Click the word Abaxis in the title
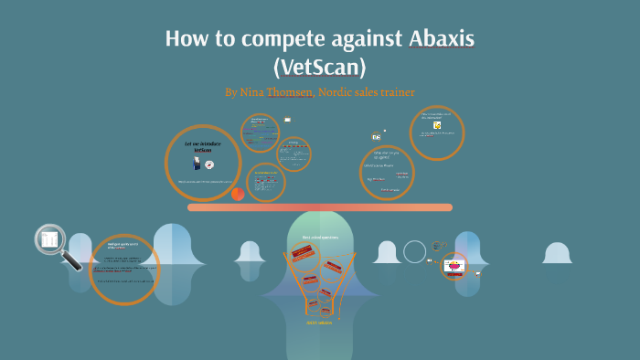point(434,40)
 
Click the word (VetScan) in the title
point(319,67)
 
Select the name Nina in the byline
point(253,92)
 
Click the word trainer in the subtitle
point(396,92)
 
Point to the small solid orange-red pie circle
point(238,194)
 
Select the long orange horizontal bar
point(319,207)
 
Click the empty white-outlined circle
point(415,251)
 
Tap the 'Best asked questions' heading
point(320,237)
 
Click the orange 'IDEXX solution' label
point(319,322)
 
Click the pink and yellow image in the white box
point(453,267)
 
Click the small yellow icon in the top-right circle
point(437,124)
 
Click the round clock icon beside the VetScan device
point(209,164)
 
